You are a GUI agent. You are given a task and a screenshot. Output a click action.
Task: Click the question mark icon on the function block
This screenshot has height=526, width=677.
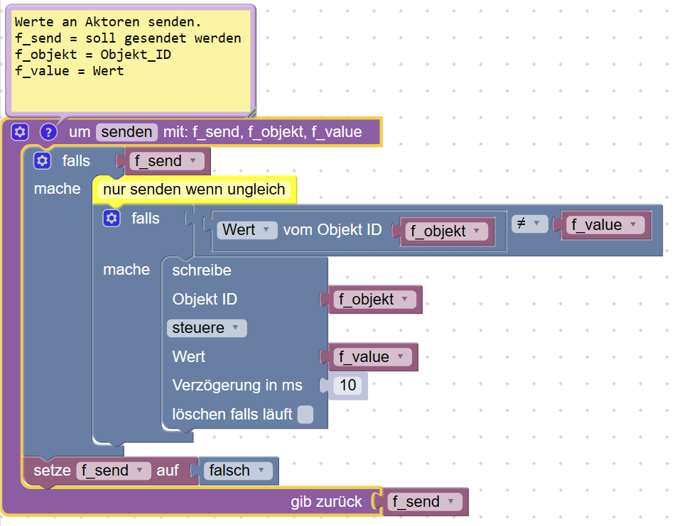tap(48, 131)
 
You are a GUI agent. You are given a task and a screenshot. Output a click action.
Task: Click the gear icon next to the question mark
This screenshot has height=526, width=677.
tap(20, 131)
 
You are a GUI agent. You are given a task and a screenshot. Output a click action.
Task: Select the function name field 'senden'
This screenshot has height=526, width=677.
tap(126, 131)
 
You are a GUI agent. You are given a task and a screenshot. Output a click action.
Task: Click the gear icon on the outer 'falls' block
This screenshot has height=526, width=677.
tap(43, 161)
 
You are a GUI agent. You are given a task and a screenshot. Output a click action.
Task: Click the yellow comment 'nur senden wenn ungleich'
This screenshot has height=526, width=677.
tap(194, 190)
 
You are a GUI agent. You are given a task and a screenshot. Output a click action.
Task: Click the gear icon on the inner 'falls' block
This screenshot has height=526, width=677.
tap(112, 219)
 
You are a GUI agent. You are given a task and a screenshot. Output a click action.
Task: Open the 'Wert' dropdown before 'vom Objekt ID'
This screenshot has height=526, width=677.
tap(247, 230)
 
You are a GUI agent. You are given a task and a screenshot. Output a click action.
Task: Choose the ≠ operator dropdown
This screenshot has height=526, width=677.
tap(527, 224)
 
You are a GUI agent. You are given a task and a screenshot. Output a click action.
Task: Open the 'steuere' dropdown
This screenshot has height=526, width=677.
tap(207, 328)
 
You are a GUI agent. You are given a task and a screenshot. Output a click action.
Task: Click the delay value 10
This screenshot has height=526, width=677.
tap(348, 385)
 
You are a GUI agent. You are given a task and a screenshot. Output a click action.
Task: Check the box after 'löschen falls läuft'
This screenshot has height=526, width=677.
tap(305, 415)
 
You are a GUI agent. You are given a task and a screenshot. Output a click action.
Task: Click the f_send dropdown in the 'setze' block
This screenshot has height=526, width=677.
tap(113, 471)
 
